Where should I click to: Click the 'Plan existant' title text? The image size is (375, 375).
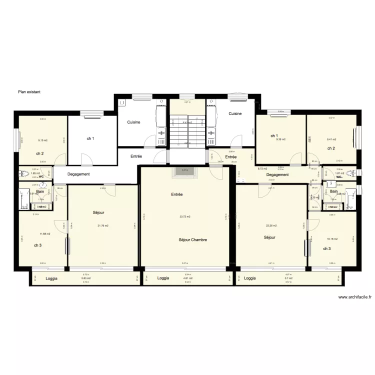[x=29, y=92]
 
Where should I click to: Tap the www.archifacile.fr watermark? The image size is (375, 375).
[x=355, y=296]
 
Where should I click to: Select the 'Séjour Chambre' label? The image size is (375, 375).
[x=192, y=239]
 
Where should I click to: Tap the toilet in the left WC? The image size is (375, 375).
[x=22, y=174]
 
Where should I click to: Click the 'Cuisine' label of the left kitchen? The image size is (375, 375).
[x=133, y=122]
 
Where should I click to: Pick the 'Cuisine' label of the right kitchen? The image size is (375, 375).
[x=235, y=113]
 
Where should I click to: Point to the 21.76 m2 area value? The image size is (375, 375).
[x=103, y=225]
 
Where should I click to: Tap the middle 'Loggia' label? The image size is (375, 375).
[x=163, y=278]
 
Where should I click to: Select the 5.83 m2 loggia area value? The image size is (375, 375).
[x=86, y=278]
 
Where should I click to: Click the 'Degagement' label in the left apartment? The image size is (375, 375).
[x=78, y=174]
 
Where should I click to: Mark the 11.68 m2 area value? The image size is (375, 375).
[x=45, y=233]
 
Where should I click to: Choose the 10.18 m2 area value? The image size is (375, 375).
[x=332, y=239]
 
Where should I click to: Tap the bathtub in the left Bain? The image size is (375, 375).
[x=23, y=199]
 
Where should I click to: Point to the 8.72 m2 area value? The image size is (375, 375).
[x=262, y=169]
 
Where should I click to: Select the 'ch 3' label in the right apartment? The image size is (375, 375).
[x=326, y=248]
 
